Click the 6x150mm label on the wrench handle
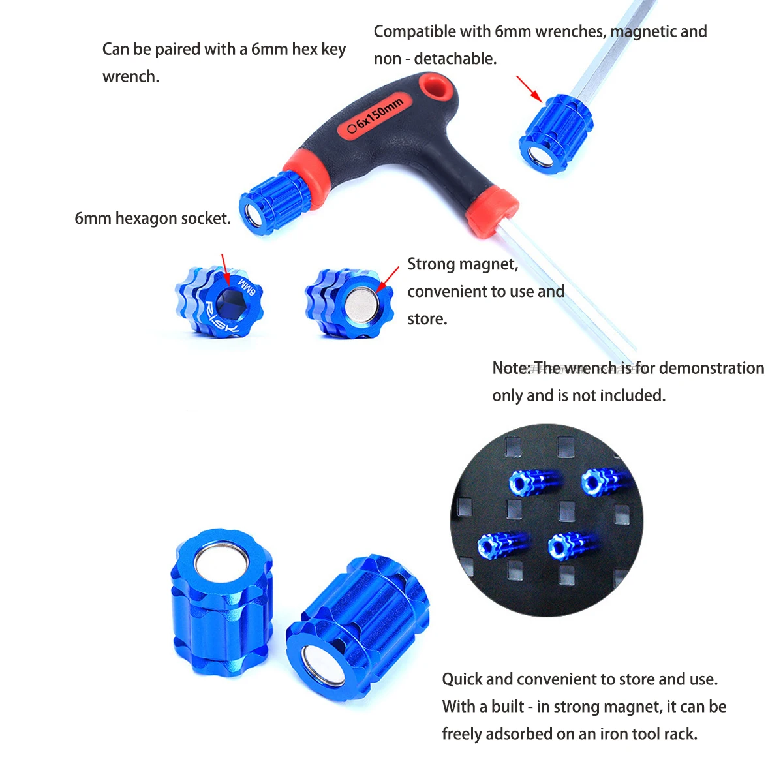tap(375, 115)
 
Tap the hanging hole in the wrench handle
tap(437, 87)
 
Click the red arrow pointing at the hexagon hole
tap(226, 269)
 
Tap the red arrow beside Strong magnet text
tap(387, 280)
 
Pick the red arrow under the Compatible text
tap(529, 89)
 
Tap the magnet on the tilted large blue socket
tap(322, 666)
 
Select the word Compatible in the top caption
tap(432, 32)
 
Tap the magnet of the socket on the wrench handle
tap(254, 215)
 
